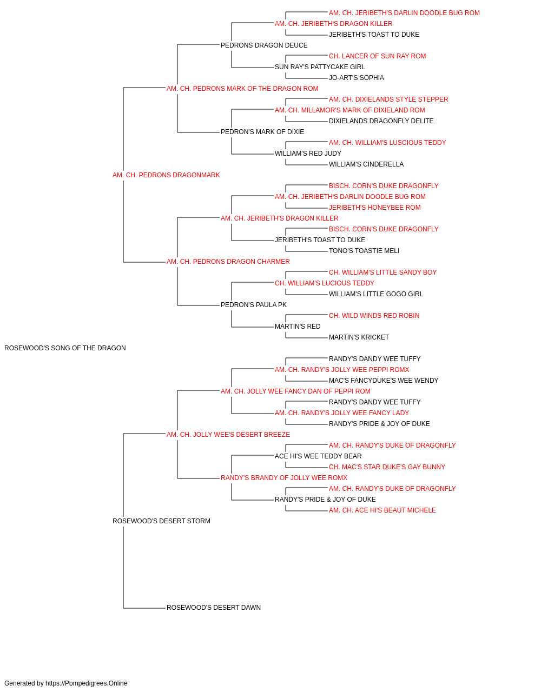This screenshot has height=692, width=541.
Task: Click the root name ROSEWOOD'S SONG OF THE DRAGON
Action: (65, 348)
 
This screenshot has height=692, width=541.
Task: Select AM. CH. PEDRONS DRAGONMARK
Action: (166, 175)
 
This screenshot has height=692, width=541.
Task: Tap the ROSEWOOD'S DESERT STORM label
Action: (161, 521)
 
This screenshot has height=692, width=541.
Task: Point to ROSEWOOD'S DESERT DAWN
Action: (214, 608)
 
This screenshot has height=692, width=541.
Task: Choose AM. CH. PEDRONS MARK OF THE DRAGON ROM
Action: (242, 89)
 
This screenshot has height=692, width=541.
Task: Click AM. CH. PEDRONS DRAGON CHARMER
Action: (228, 262)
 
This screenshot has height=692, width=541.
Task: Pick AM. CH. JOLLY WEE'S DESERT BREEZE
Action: (228, 435)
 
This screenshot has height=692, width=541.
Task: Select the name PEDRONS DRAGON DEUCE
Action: (264, 45)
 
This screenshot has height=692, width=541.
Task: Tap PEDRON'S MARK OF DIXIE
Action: (262, 132)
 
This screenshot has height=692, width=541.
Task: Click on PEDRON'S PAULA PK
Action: (254, 305)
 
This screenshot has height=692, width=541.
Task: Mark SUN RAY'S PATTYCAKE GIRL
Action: (320, 67)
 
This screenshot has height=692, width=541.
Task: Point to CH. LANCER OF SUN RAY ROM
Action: (377, 56)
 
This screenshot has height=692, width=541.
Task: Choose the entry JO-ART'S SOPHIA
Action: (356, 78)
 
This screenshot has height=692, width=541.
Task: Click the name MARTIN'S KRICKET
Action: (359, 337)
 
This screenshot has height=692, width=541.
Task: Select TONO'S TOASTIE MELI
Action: (364, 251)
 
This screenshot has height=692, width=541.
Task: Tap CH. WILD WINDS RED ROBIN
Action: (374, 316)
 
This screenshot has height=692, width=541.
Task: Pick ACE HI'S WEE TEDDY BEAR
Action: (318, 456)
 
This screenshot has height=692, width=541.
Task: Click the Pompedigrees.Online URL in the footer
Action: (87, 683)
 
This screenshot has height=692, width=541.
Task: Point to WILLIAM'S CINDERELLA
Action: (366, 164)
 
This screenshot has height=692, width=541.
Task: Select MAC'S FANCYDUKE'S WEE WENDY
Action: (384, 381)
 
